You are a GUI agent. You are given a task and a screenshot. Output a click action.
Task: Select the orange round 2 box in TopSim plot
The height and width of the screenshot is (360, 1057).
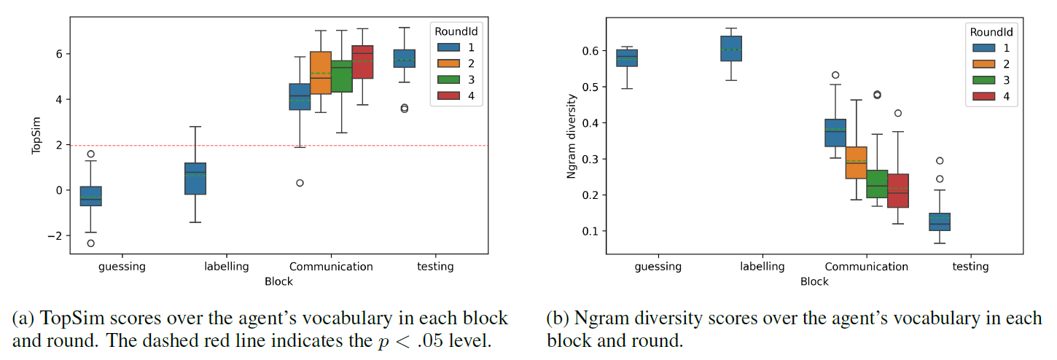321,73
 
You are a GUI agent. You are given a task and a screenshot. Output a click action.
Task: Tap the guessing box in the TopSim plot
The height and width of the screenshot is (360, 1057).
91,196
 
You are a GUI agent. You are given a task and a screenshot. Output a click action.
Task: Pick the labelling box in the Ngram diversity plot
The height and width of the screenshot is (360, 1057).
730,48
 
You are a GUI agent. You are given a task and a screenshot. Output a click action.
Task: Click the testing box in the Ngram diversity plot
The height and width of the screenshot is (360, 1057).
940,222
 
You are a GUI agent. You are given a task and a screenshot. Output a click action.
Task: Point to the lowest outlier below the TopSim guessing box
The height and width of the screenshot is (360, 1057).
91,243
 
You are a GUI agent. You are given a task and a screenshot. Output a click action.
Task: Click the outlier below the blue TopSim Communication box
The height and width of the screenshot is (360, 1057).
300,183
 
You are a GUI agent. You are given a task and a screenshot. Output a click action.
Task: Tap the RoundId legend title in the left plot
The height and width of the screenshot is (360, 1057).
456,31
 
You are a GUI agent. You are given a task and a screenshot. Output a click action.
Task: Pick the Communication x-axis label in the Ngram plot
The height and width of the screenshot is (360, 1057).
867,267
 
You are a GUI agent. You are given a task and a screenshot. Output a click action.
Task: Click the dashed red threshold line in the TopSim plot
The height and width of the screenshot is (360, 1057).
219,145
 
